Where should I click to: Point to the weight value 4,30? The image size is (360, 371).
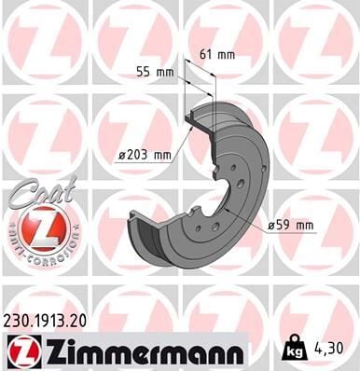point(327,348)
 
